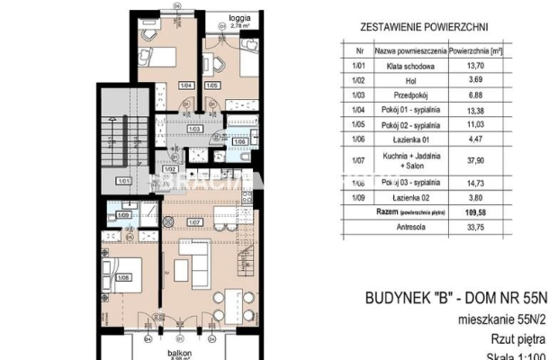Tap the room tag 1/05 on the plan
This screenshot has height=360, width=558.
212,86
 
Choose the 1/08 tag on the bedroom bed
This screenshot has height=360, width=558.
124,277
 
